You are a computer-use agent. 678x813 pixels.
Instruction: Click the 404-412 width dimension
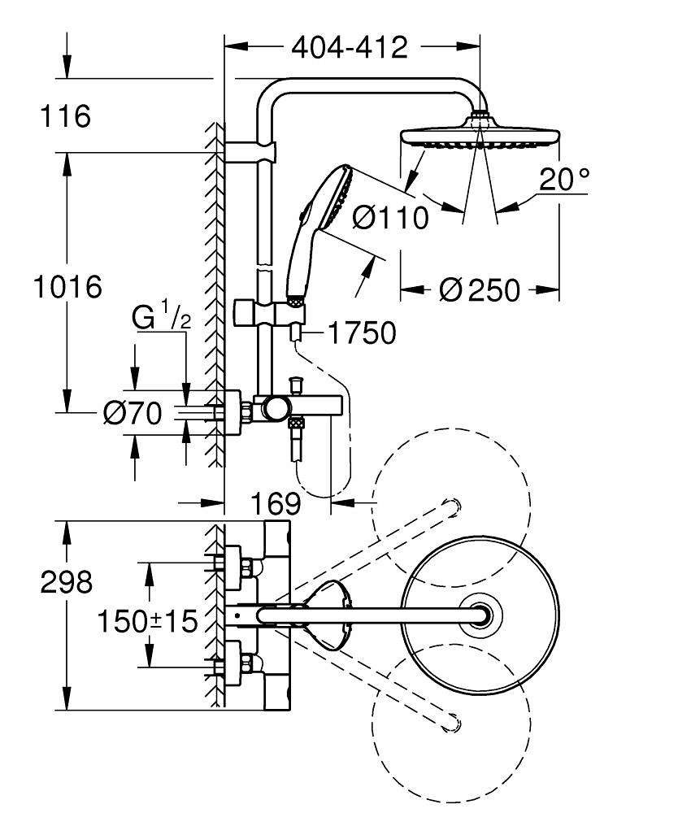tap(350, 48)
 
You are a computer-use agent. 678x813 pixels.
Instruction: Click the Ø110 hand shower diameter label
tap(391, 217)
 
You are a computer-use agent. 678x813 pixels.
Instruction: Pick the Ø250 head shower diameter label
tap(479, 289)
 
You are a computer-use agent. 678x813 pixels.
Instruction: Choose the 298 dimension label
tap(67, 582)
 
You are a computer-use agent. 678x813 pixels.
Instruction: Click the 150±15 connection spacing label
tap(148, 622)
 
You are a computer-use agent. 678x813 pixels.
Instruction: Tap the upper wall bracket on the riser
tap(250, 151)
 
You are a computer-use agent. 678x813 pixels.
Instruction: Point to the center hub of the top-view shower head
tap(480, 615)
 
